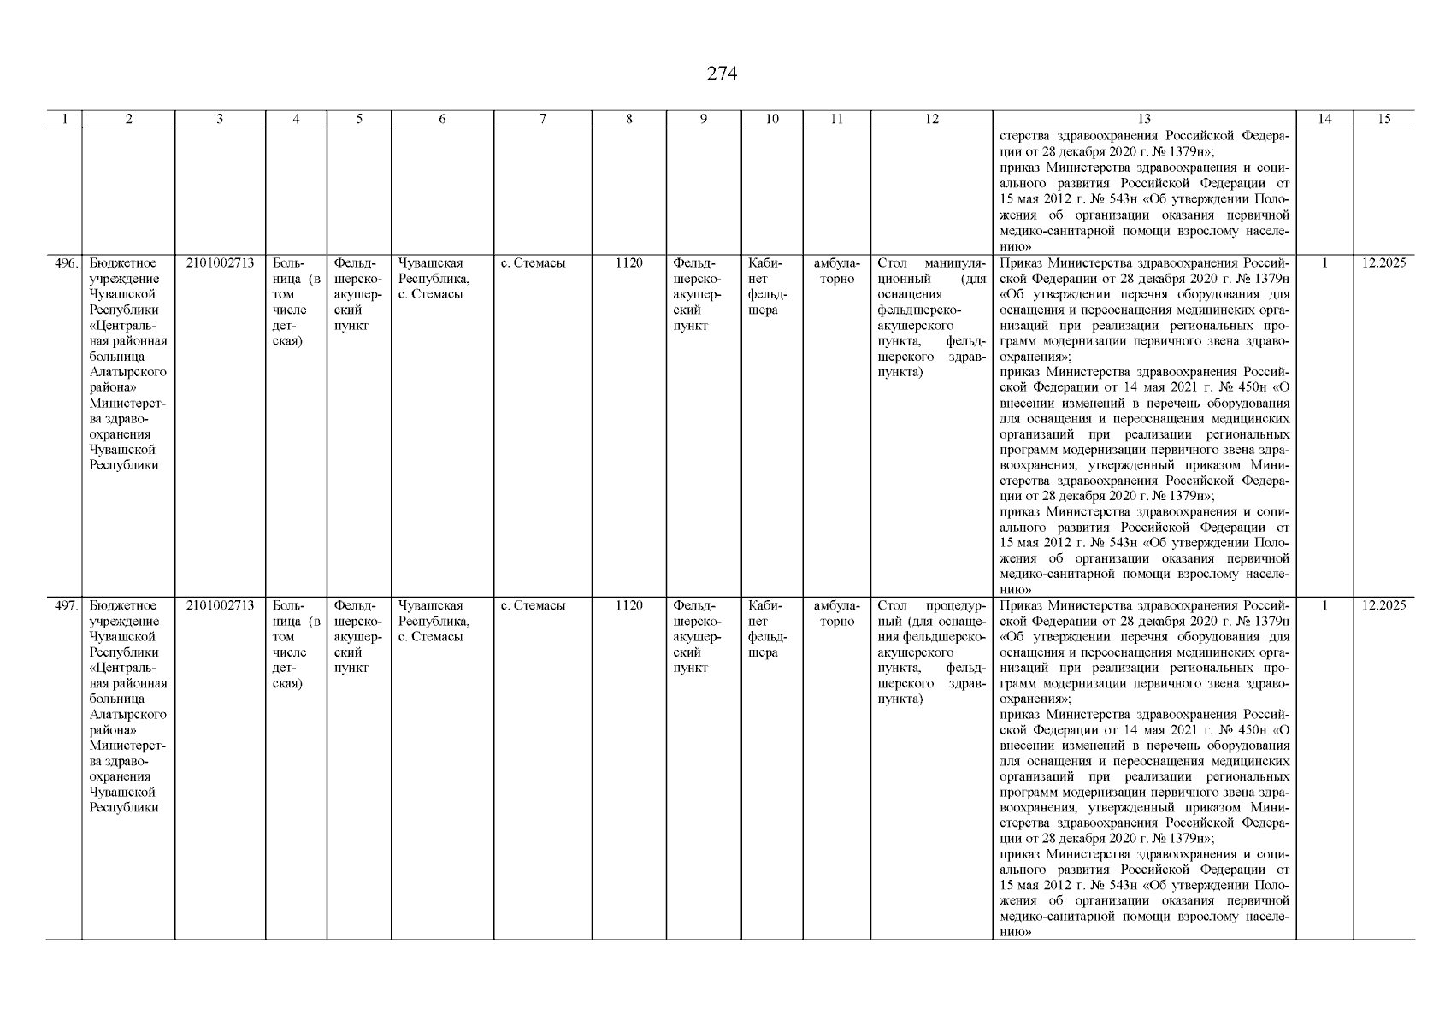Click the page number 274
(x=722, y=74)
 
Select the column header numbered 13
(x=1144, y=120)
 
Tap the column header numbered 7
(x=543, y=120)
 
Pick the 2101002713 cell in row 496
(x=220, y=263)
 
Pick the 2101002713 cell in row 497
(x=220, y=606)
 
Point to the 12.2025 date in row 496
(x=1383, y=263)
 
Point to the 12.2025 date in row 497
(x=1383, y=606)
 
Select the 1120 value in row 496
(x=628, y=263)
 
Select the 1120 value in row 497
(x=628, y=606)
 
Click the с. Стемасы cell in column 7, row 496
(x=533, y=263)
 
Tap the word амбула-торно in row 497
(x=836, y=614)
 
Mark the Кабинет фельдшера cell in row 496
(x=768, y=286)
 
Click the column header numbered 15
(x=1383, y=120)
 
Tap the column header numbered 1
(x=64, y=120)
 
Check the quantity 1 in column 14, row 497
(x=1324, y=606)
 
